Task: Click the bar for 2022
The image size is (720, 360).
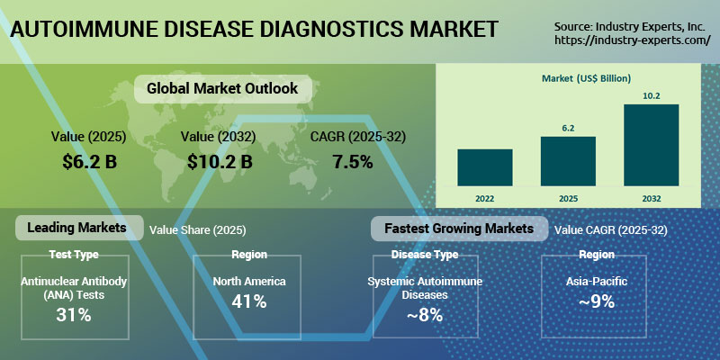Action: click(484, 166)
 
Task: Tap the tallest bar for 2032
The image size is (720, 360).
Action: click(652, 144)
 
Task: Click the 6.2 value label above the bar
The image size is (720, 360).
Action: click(568, 129)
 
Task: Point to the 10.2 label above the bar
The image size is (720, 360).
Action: click(652, 96)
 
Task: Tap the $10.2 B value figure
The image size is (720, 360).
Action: click(220, 162)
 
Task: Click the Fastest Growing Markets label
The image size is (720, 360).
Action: click(459, 229)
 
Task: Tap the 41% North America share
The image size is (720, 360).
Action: click(248, 301)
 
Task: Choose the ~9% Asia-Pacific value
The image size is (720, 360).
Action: click(596, 301)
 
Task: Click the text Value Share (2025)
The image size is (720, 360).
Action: click(197, 230)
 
